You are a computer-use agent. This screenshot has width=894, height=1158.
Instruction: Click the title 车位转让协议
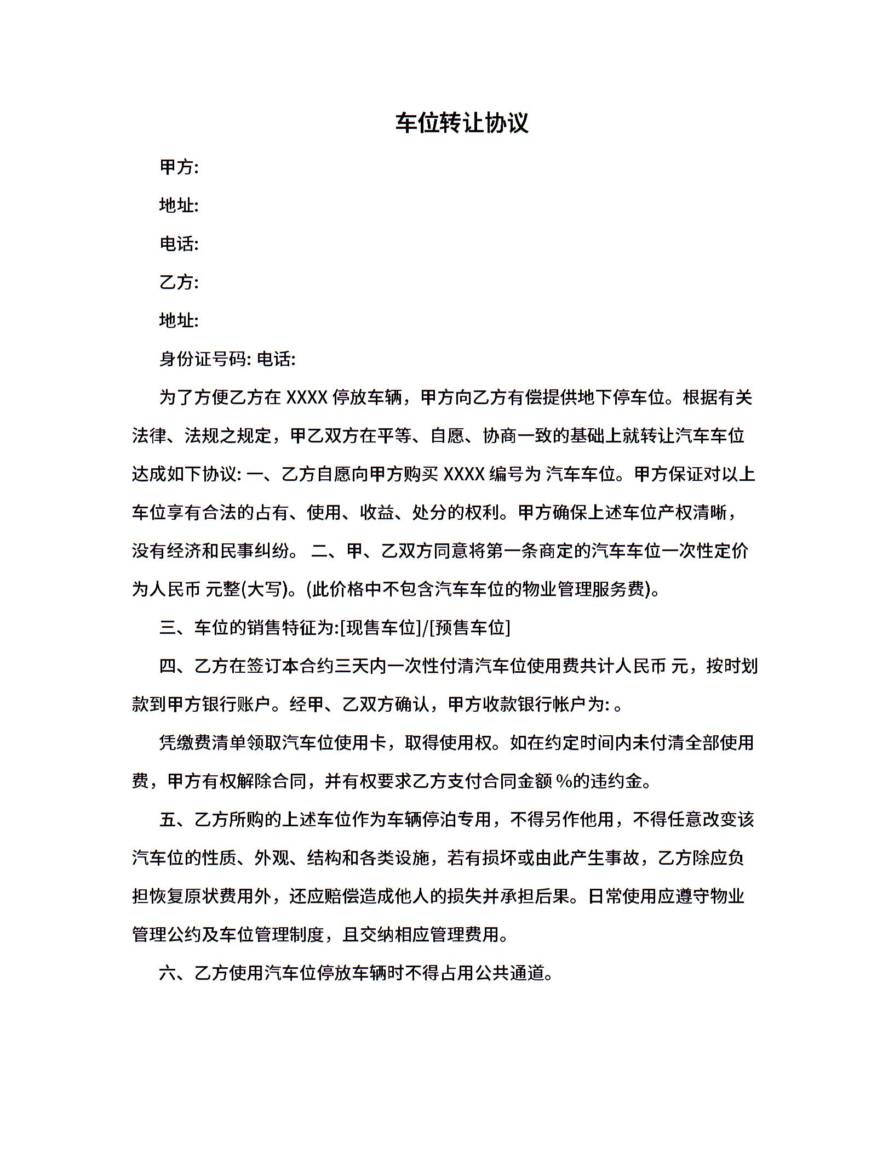pos(461,123)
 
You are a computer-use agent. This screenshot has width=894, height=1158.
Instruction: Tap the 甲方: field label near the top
pos(179,167)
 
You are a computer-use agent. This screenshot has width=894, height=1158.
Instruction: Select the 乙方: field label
pos(179,282)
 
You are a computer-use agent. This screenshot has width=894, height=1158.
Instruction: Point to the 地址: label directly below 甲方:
pos(179,206)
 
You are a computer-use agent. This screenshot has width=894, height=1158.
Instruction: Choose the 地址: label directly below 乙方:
pos(179,320)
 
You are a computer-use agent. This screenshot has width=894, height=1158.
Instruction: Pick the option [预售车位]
pos(470,627)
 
